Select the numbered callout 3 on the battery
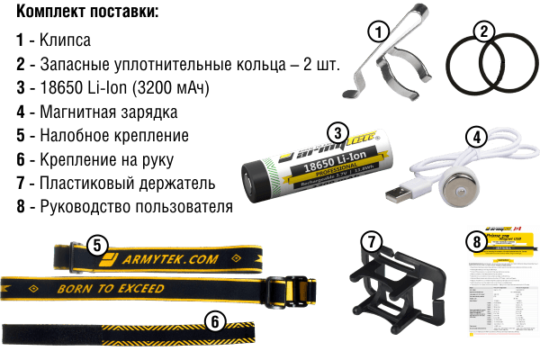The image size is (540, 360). point(337,132)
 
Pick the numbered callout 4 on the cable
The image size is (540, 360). point(477,137)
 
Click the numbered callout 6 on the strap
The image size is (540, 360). point(214,319)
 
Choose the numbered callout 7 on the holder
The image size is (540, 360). point(371,241)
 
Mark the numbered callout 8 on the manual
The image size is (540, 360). point(476,240)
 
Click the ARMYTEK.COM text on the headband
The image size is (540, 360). point(162,259)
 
